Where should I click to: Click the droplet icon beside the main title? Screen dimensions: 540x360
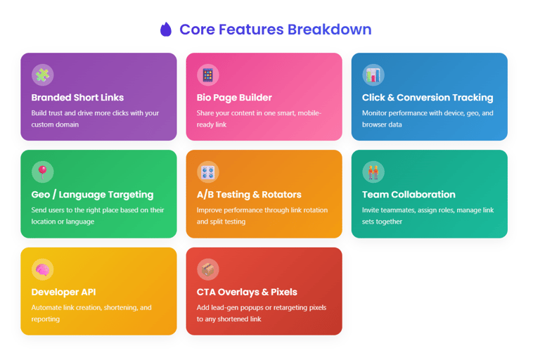[166, 30]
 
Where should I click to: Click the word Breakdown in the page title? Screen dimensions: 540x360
[330, 30]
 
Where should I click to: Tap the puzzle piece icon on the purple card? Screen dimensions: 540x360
[43, 75]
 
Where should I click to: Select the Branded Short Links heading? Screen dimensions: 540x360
[77, 98]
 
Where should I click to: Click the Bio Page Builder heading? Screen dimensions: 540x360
[234, 98]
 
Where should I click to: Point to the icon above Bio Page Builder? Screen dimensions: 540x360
[208, 75]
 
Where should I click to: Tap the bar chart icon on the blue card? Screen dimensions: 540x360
[373, 75]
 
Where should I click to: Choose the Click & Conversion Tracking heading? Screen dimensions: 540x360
[427, 98]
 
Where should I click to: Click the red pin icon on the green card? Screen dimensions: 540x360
[43, 172]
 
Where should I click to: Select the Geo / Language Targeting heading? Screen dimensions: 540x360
[92, 195]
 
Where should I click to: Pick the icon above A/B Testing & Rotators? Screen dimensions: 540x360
[208, 172]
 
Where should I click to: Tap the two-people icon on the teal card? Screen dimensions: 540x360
[373, 172]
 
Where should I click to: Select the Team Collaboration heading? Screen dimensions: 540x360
[409, 195]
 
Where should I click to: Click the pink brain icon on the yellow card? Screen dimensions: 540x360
[43, 269]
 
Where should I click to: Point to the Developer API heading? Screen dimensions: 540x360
[63, 292]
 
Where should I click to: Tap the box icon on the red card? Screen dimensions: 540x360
[208, 269]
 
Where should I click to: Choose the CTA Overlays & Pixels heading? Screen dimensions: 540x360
[247, 292]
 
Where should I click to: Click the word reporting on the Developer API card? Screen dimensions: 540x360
[46, 319]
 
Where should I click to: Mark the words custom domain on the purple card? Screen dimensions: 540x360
[55, 124]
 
